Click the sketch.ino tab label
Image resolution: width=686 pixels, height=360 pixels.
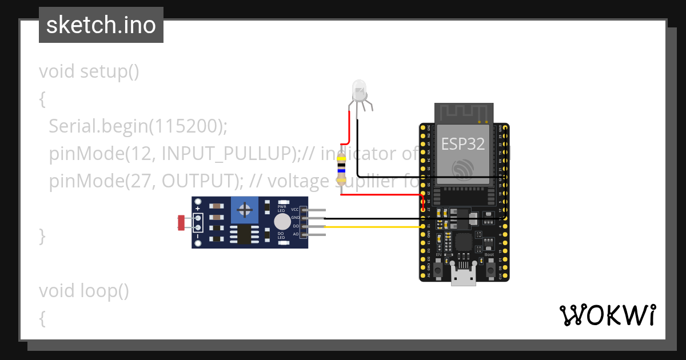[101, 25]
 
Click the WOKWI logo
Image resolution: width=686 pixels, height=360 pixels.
[607, 315]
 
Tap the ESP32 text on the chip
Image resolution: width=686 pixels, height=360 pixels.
[462, 143]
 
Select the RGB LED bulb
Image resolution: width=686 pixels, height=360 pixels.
[359, 90]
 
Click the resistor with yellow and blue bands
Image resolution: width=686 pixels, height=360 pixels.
[341, 169]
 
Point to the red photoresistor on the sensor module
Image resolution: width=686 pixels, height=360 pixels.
[181, 222]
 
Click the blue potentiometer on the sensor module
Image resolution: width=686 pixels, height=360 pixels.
[245, 210]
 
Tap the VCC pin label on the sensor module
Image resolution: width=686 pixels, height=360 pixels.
[295, 210]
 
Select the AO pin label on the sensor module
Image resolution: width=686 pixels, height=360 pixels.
[296, 234]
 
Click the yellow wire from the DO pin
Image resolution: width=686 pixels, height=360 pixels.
[372, 227]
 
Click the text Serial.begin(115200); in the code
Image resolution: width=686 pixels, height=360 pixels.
[138, 126]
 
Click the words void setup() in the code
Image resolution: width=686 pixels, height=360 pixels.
[89, 71]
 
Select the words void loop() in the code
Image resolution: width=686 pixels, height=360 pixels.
[83, 291]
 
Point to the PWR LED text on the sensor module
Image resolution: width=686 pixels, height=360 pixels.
[282, 207]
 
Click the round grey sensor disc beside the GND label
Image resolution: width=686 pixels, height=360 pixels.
[282, 222]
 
